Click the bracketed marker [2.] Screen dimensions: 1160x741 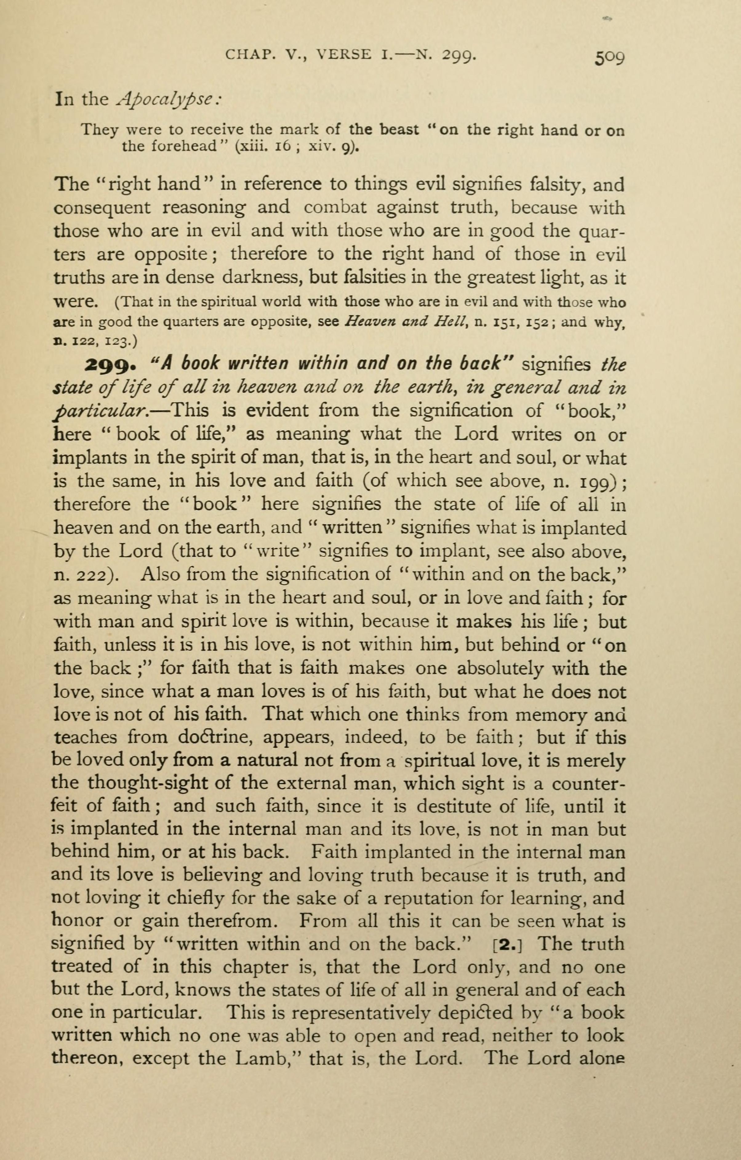(508, 944)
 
